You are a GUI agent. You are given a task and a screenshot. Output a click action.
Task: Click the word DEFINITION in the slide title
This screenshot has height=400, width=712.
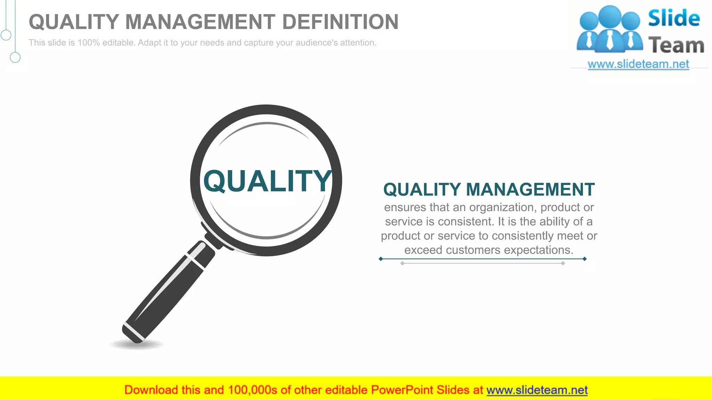coord(340,22)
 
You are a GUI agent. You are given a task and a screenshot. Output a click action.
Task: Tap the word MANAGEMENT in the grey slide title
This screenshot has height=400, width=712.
coord(200,22)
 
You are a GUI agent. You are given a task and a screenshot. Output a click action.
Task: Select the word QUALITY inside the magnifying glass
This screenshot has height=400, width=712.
coord(267,181)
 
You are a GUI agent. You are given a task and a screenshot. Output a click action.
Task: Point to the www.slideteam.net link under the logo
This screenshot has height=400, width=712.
coord(638,64)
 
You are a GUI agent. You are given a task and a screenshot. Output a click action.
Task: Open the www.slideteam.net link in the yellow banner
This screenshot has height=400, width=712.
coord(537,390)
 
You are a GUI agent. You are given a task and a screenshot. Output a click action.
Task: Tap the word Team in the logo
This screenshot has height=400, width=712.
coord(676,45)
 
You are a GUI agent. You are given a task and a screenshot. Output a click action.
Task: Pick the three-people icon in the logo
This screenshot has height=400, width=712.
coord(609,30)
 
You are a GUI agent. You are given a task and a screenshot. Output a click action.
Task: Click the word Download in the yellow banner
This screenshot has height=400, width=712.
coord(151,390)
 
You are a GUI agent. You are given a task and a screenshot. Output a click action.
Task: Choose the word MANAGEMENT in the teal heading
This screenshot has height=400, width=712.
coord(530,190)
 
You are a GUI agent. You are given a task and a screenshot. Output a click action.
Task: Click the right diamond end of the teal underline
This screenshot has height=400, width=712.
coord(585,259)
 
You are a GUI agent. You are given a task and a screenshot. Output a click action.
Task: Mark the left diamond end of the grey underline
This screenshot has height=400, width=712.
coord(402,263)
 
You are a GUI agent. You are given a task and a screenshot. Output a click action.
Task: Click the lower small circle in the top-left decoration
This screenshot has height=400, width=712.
coord(15,57)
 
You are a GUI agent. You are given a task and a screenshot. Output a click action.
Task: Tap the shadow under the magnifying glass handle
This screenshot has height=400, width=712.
coord(137,345)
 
